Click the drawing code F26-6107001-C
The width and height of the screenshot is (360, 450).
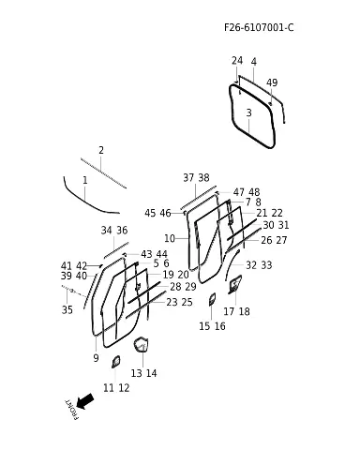pyautogui.click(x=259, y=27)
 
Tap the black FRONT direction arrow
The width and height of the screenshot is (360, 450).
pyautogui.click(x=84, y=401)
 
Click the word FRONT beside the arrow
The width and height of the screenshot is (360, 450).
pyautogui.click(x=70, y=410)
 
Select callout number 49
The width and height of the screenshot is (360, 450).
pyautogui.click(x=272, y=82)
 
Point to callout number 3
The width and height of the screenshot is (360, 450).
pyautogui.click(x=248, y=112)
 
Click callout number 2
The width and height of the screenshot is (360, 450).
pyautogui.click(x=101, y=150)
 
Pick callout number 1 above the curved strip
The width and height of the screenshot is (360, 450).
pyautogui.click(x=85, y=180)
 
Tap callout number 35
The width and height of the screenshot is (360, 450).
pyautogui.click(x=67, y=309)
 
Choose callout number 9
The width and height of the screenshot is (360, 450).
pyautogui.click(x=96, y=358)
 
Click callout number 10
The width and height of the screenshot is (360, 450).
pyautogui.click(x=170, y=238)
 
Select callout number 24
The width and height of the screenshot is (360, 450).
pyautogui.click(x=237, y=61)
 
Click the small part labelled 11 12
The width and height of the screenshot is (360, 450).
pyautogui.click(x=116, y=362)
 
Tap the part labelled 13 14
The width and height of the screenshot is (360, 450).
pyautogui.click(x=141, y=344)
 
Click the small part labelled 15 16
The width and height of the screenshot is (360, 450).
pyautogui.click(x=212, y=299)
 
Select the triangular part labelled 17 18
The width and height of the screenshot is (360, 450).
pyautogui.click(x=234, y=284)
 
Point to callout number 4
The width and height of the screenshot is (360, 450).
pyautogui.click(x=254, y=62)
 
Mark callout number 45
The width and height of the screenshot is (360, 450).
pyautogui.click(x=150, y=213)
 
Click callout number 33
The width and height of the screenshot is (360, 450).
pyautogui.click(x=266, y=265)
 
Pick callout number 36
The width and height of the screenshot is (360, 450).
pyautogui.click(x=122, y=231)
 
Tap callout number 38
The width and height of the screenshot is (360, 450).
pyautogui.click(x=203, y=178)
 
